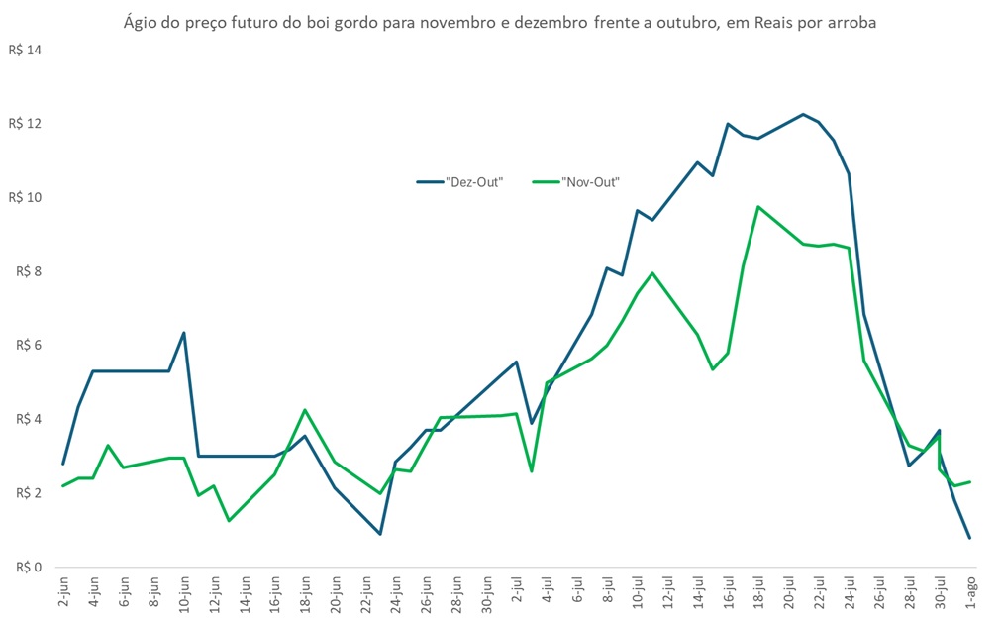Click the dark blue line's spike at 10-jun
click(x=184, y=333)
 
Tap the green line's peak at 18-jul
click(x=757, y=207)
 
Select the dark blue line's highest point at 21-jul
click(x=803, y=114)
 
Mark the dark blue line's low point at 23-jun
click(x=380, y=534)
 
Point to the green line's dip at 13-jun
click(x=229, y=520)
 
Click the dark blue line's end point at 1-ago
click(x=970, y=538)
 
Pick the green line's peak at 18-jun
click(x=305, y=410)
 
